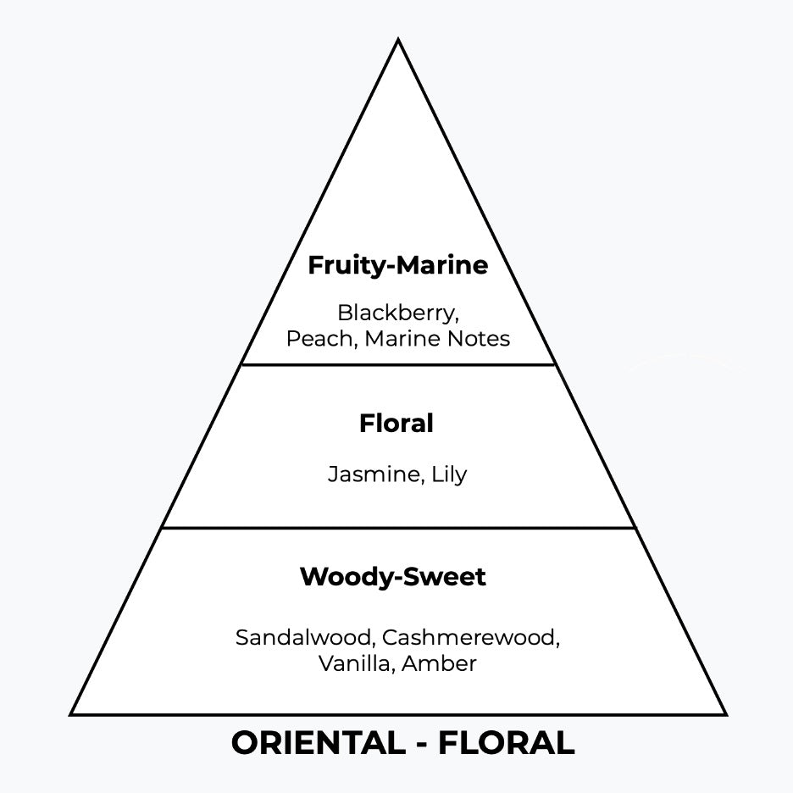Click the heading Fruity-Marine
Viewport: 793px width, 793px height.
pyautogui.click(x=397, y=265)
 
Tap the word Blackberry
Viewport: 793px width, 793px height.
pyautogui.click(x=397, y=313)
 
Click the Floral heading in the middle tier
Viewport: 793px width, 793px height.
pyautogui.click(x=396, y=423)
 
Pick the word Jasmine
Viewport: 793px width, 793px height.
pyautogui.click(x=372, y=474)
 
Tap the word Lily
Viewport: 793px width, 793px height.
pyautogui.click(x=448, y=474)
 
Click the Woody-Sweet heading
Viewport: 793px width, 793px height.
pyautogui.click(x=392, y=577)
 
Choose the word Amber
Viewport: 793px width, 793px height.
pyautogui.click(x=439, y=663)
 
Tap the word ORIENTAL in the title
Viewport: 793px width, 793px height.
pyautogui.click(x=319, y=743)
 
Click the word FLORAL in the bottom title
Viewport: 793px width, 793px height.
pyautogui.click(x=506, y=743)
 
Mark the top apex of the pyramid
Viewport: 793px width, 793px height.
pyautogui.click(x=397, y=40)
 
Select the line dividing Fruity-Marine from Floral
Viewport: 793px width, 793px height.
pyautogui.click(x=397, y=365)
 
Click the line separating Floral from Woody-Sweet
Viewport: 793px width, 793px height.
pyautogui.click(x=397, y=528)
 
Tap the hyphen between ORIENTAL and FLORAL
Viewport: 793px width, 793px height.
pyautogui.click(x=421, y=745)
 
